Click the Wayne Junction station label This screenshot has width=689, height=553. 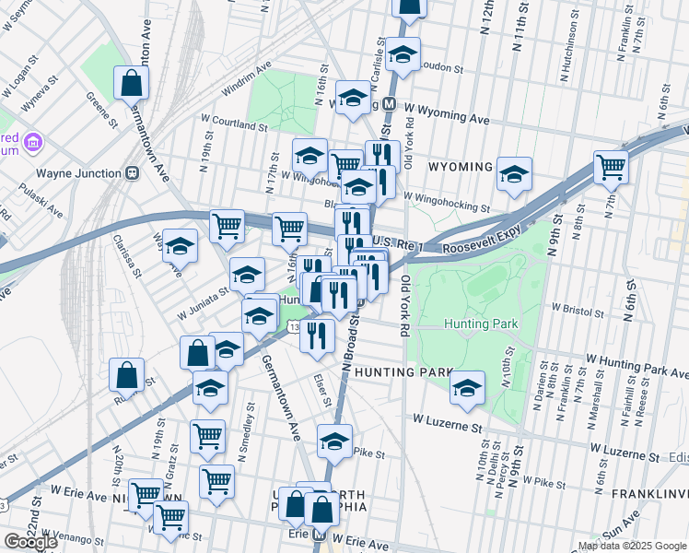coord(78,173)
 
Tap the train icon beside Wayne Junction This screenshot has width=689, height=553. coord(133,172)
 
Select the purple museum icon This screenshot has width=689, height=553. coord(33,143)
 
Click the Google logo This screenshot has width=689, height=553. coord(30,542)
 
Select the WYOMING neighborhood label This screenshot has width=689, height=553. coord(461,167)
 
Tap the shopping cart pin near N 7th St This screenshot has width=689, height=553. coord(611,168)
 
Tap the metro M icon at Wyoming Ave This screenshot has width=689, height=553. coord(390,104)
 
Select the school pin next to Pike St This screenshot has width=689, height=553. coord(334,441)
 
